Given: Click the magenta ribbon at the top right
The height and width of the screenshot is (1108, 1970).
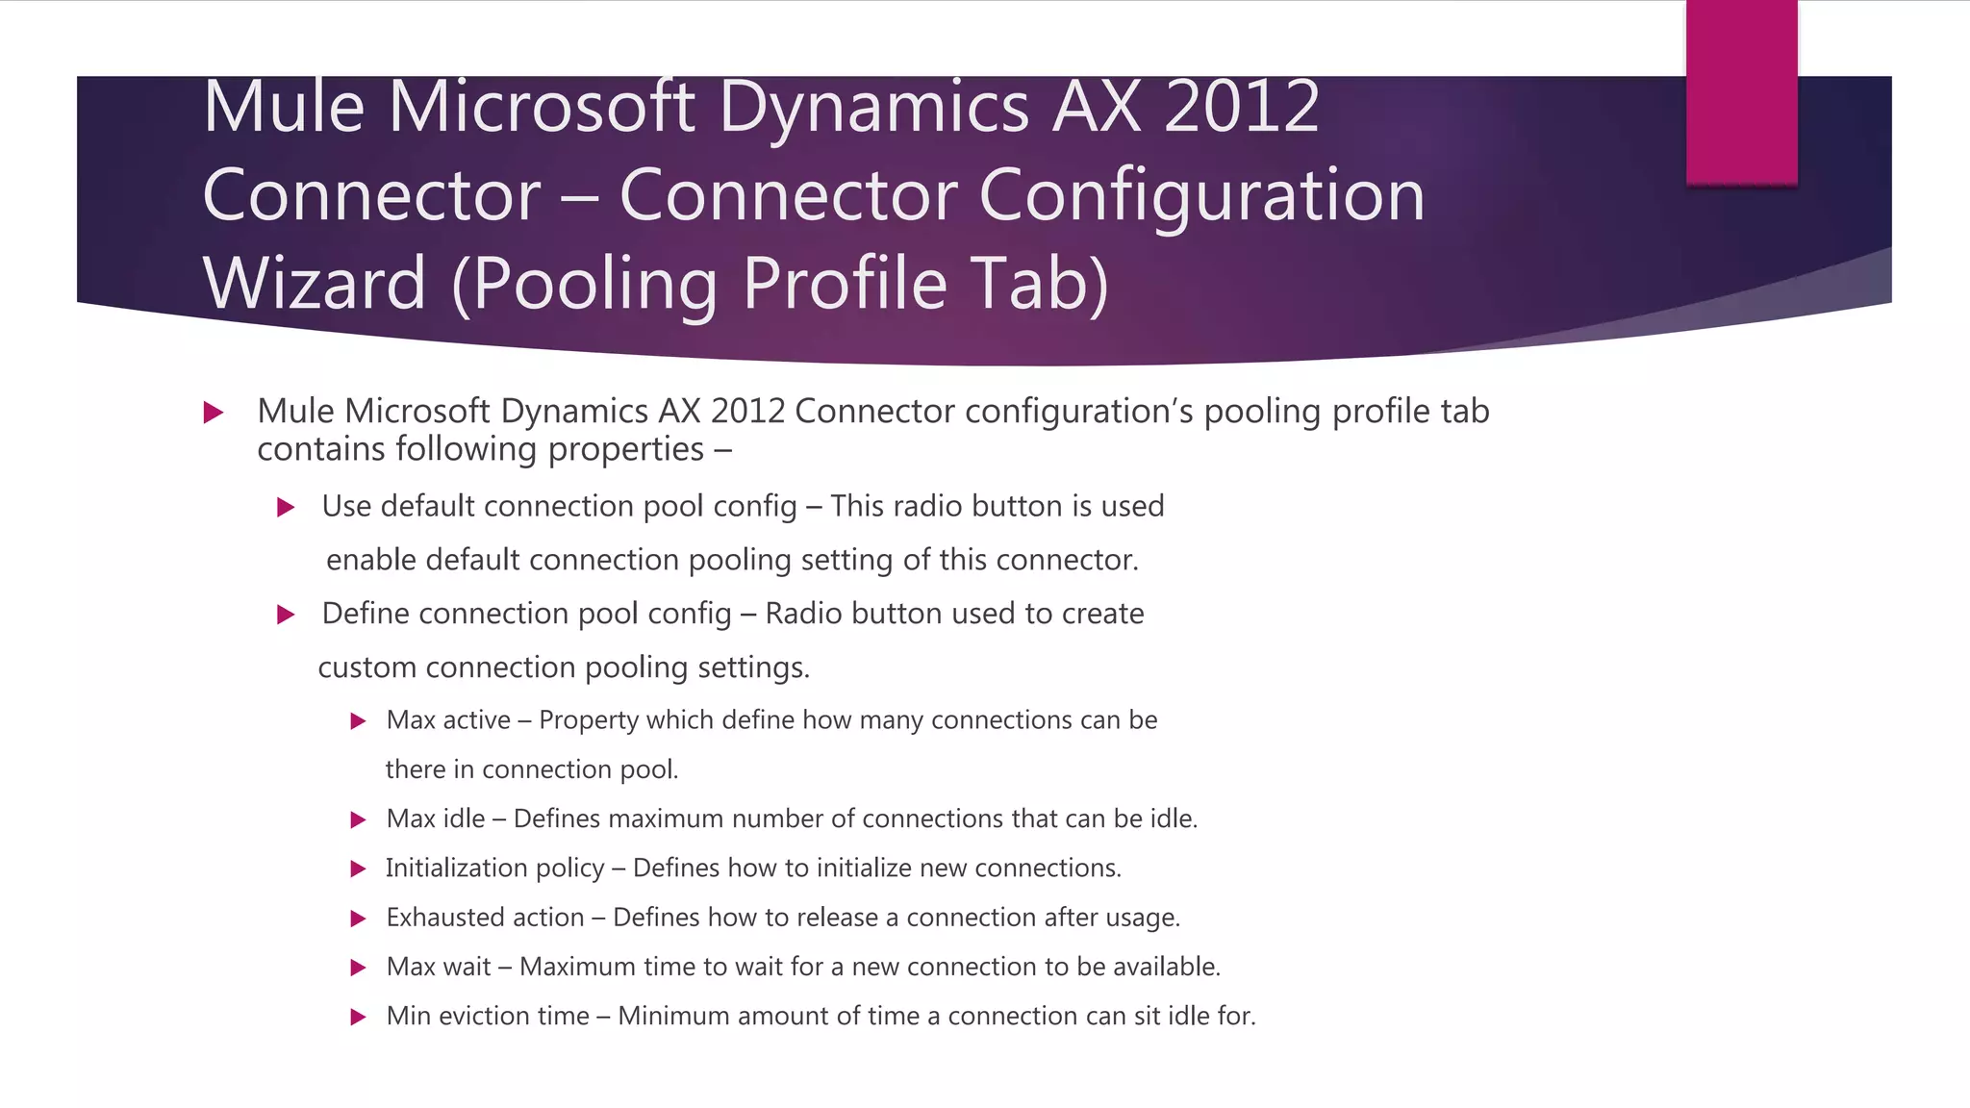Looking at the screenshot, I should click(x=1741, y=92).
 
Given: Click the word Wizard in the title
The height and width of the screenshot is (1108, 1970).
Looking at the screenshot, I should click(x=314, y=284).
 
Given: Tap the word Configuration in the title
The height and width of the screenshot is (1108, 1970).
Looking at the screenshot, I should click(x=1201, y=195).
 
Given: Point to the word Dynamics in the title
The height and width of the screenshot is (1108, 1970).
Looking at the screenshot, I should click(x=874, y=106).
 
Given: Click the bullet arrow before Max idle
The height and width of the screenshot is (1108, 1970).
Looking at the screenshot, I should click(x=358, y=820).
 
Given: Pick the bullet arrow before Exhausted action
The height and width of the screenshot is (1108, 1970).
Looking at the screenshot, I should click(x=358, y=919).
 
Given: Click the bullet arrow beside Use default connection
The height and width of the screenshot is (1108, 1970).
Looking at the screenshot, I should click(x=285, y=508).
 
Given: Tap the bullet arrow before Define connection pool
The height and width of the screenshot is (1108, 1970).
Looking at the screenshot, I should click(x=285, y=615).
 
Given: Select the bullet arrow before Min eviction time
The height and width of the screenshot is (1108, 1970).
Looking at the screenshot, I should click(x=358, y=1018).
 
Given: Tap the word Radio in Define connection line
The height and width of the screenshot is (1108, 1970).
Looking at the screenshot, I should click(x=802, y=614).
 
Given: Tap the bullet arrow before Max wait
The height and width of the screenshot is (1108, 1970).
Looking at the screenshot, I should click(x=358, y=969).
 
